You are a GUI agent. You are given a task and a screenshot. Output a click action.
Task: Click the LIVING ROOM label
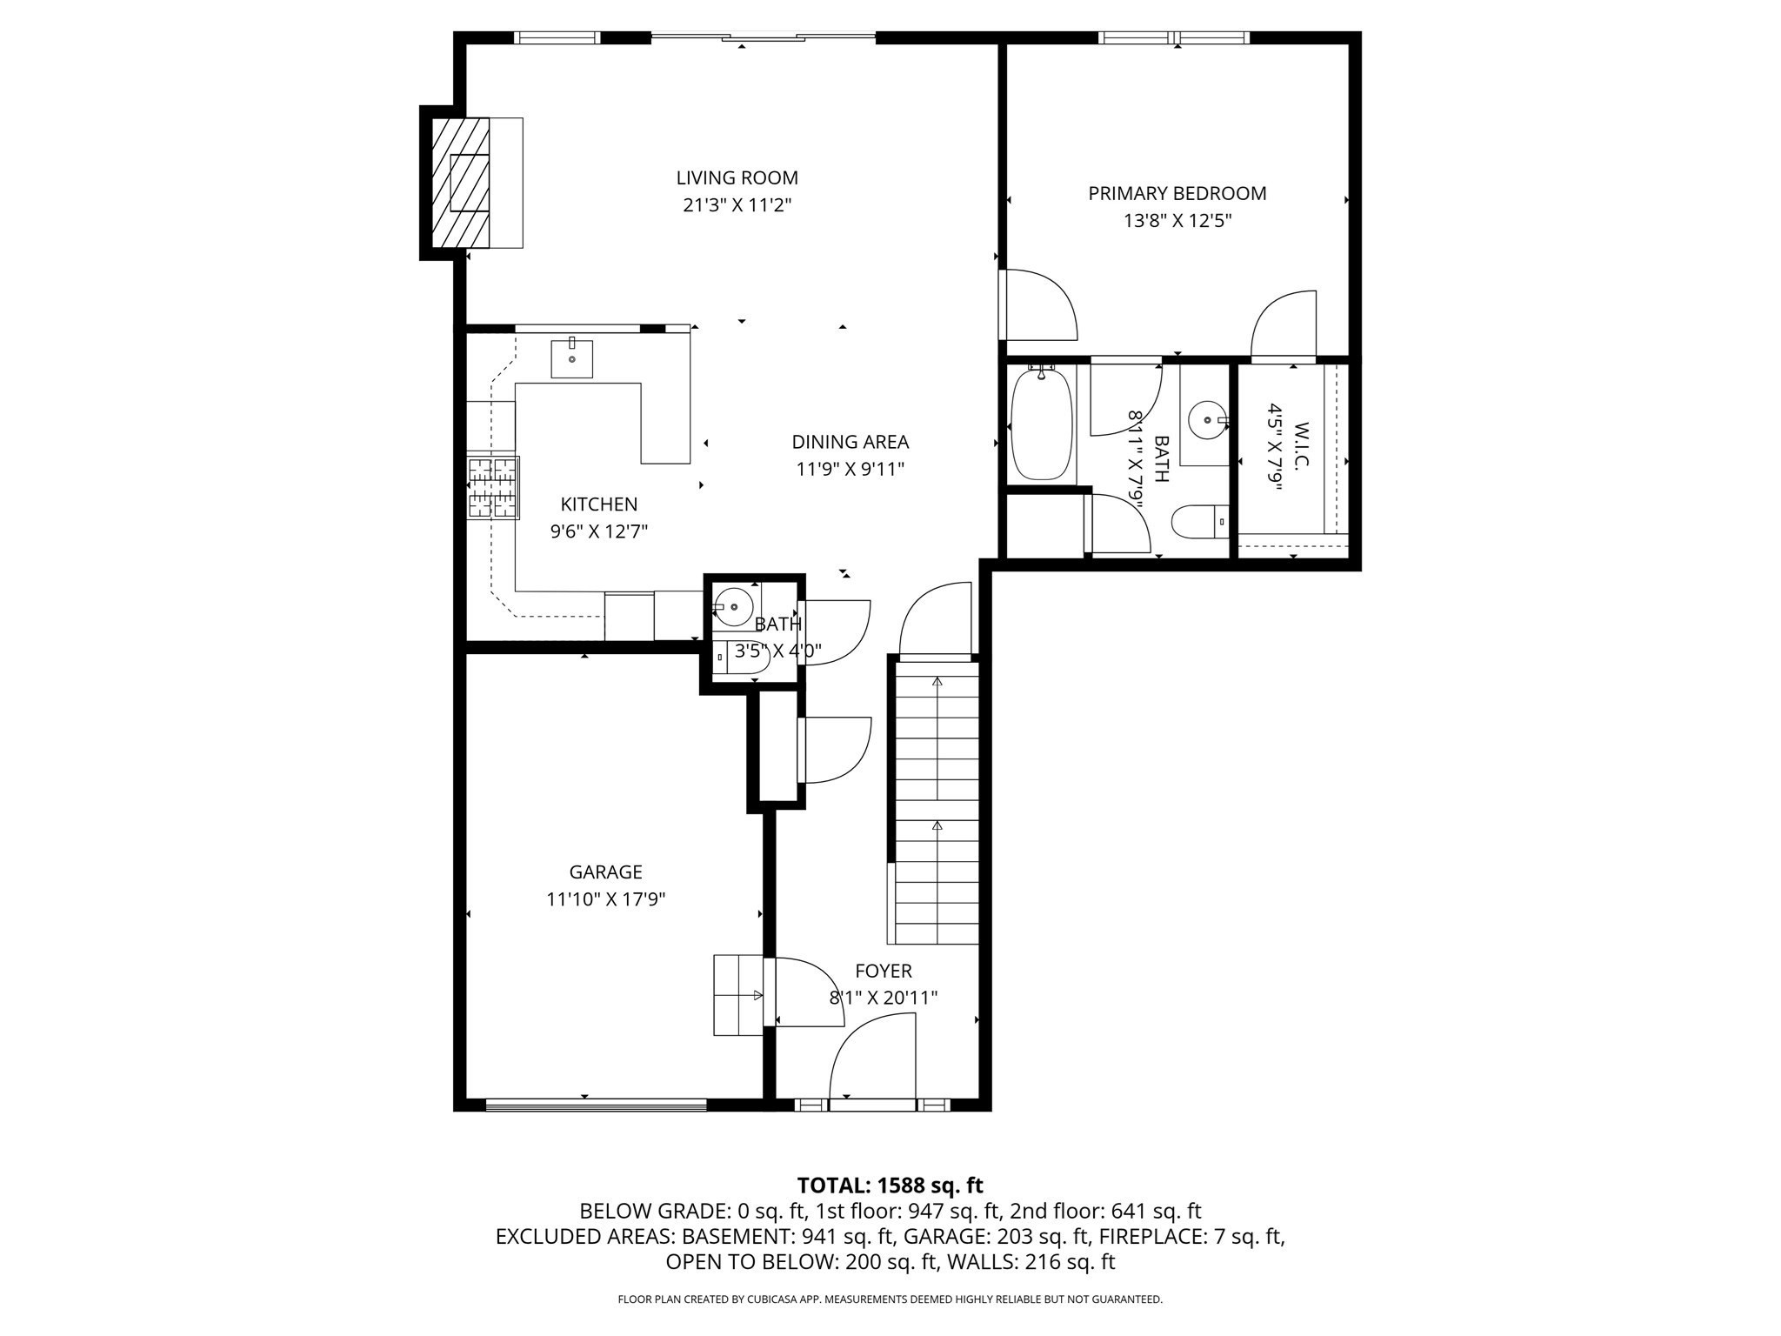[737, 177]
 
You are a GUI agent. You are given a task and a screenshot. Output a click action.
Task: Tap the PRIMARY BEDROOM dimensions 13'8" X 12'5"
[1177, 221]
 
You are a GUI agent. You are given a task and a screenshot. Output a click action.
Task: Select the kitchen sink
[571, 359]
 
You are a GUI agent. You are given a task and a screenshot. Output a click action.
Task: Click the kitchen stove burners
[493, 488]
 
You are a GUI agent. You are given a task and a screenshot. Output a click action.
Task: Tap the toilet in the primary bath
[1197, 523]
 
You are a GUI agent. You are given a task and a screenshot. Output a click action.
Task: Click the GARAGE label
[605, 872]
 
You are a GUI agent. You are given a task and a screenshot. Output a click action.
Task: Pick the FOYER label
[883, 971]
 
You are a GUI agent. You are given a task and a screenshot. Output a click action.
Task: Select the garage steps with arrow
[738, 995]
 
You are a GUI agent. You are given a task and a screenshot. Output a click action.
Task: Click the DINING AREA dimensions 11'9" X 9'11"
[850, 470]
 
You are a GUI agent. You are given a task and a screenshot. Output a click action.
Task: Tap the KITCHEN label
[598, 504]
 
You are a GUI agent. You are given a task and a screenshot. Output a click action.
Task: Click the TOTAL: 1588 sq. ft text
[890, 1186]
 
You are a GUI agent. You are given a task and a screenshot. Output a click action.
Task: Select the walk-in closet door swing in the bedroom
[1284, 325]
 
